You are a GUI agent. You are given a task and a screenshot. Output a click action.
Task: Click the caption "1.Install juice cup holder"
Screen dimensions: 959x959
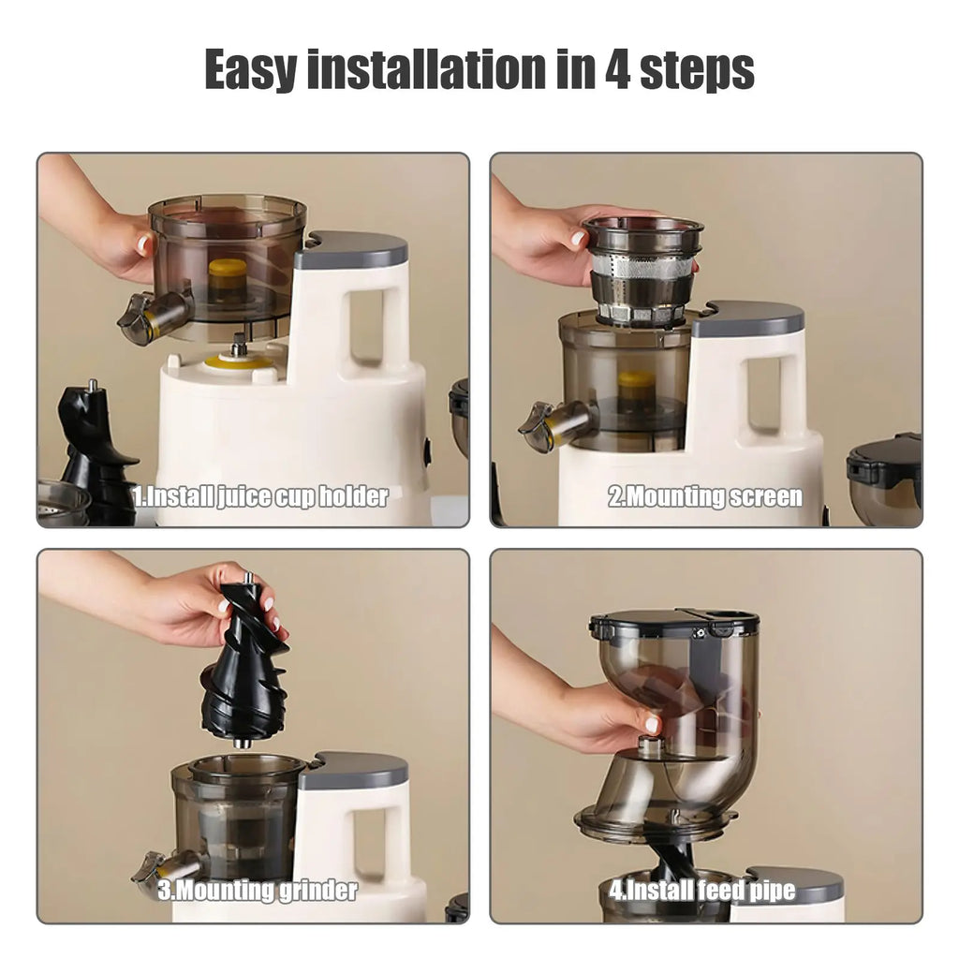(259, 496)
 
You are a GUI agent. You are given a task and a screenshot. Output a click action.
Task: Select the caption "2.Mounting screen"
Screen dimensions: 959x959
(705, 496)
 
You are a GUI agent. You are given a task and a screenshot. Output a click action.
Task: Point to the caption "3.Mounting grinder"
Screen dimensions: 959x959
(258, 890)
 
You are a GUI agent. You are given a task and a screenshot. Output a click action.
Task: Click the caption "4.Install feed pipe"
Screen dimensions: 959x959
(702, 890)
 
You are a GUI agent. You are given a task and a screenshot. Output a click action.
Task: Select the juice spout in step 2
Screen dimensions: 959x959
(553, 423)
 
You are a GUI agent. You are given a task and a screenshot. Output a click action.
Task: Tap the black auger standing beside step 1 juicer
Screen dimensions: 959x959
(94, 450)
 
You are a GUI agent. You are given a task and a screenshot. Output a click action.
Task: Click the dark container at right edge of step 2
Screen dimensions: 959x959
(885, 478)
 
